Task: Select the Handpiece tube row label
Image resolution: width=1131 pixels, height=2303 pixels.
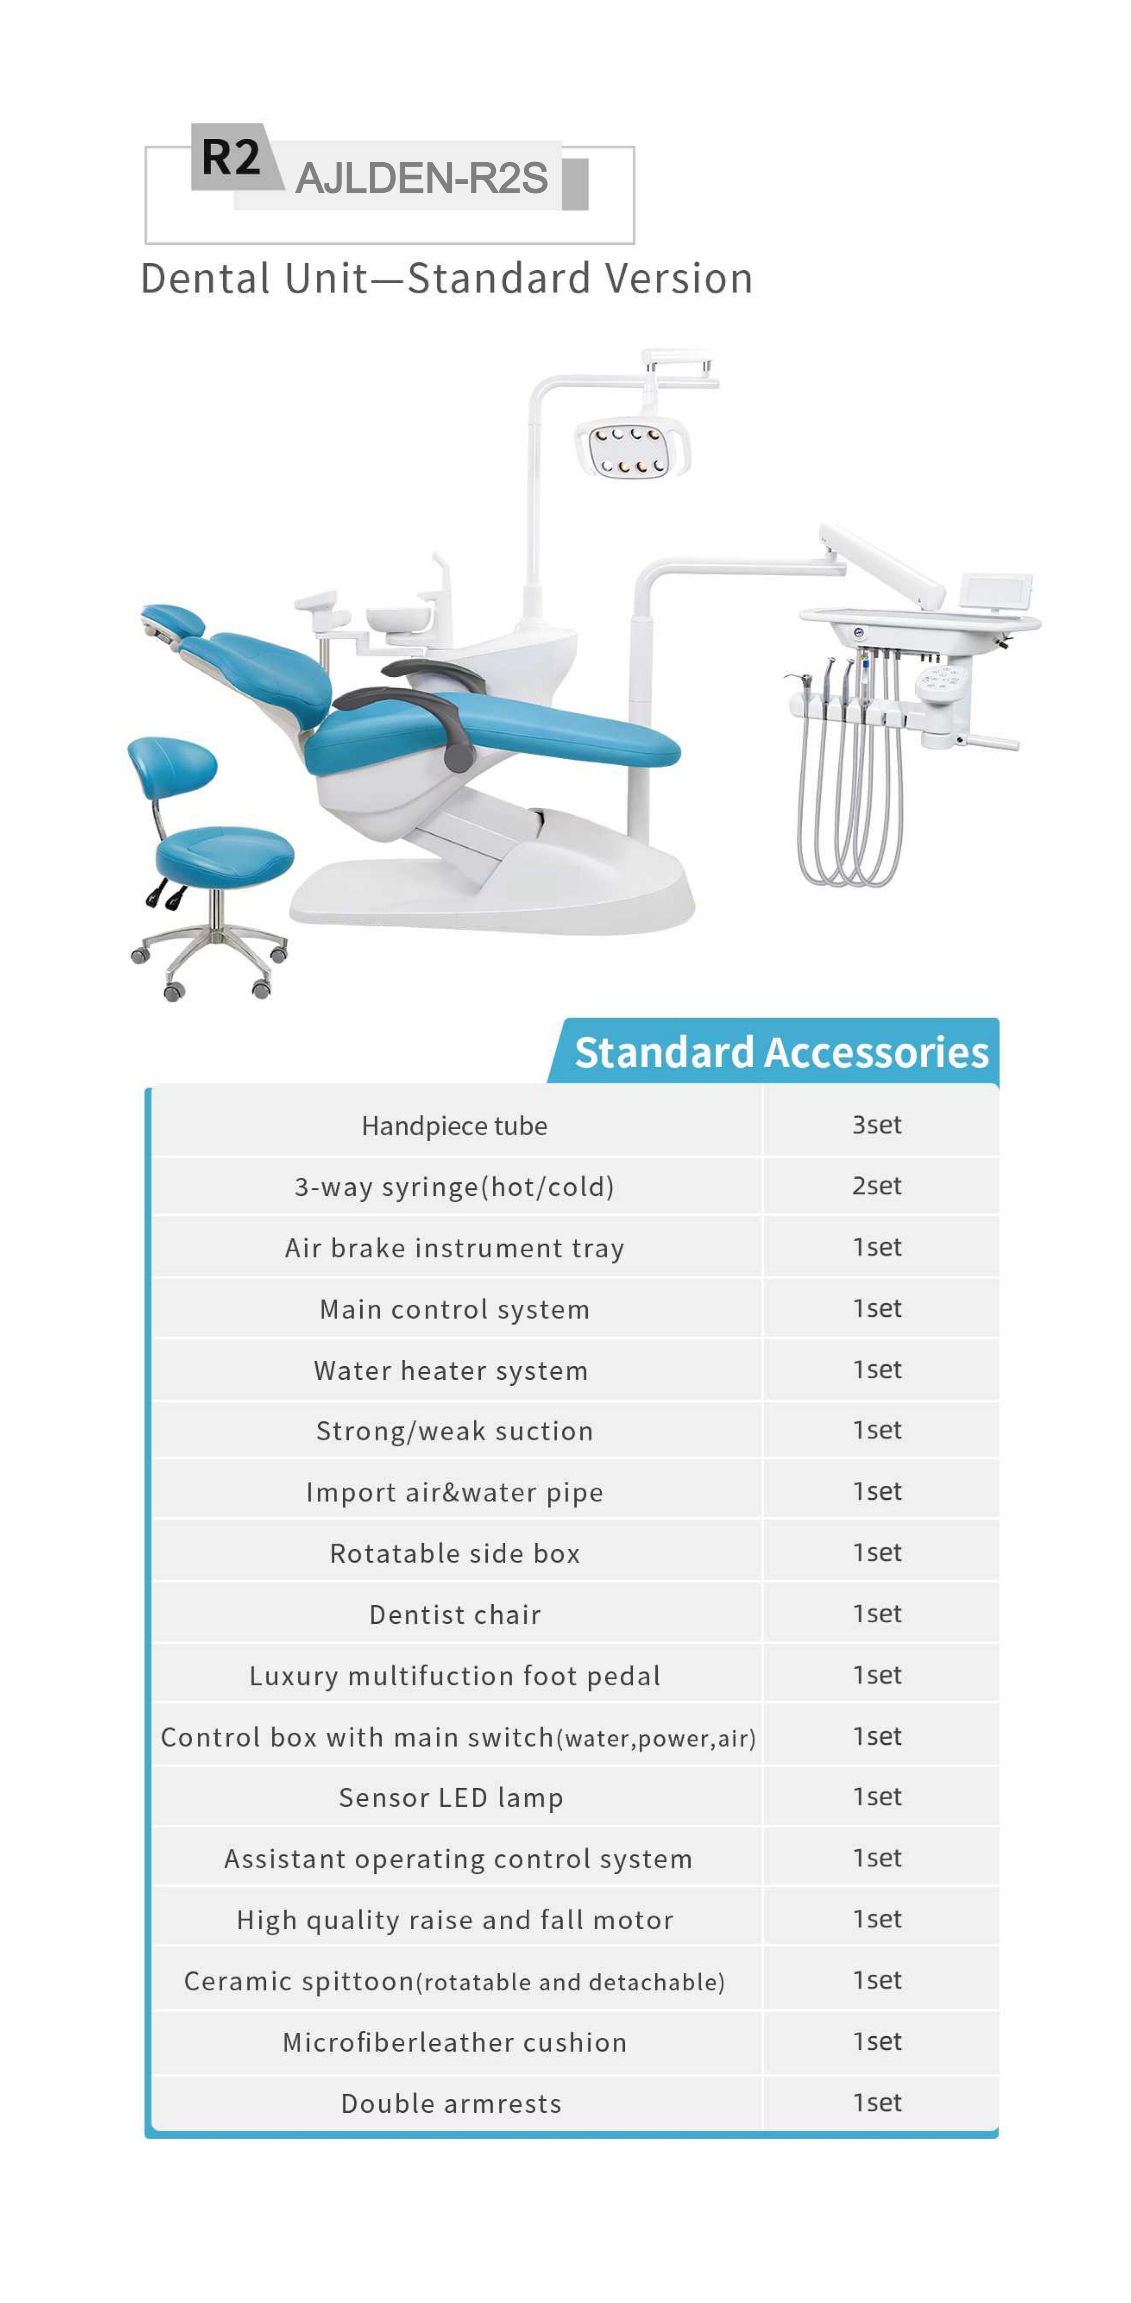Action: [454, 1126]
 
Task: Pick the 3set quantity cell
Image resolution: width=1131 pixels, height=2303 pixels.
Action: [876, 1125]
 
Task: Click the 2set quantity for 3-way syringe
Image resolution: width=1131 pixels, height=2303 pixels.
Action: [876, 1186]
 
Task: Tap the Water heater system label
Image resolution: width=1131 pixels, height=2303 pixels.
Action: [451, 1370]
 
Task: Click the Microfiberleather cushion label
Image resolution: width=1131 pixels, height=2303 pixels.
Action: [454, 2042]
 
